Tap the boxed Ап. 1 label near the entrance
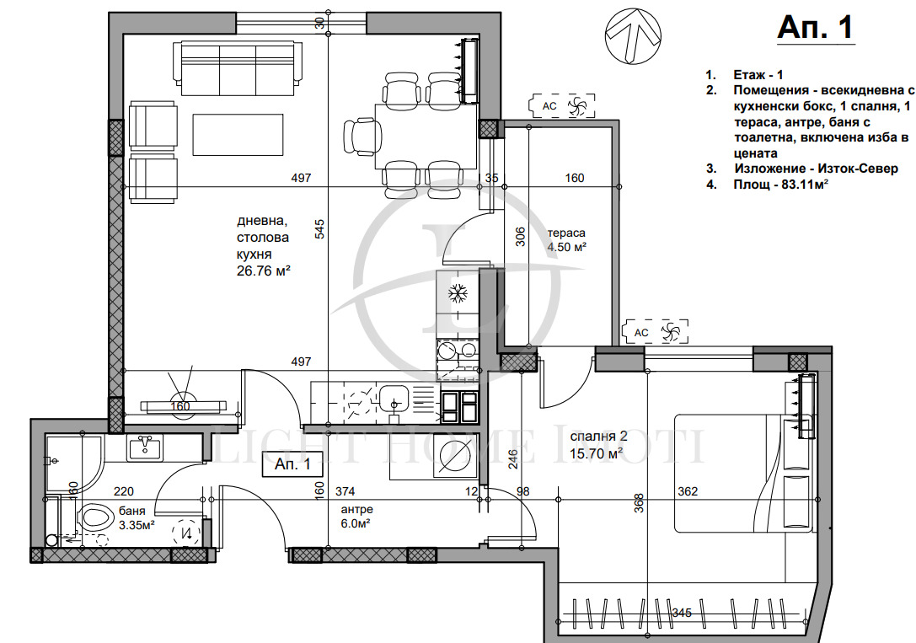click(x=293, y=463)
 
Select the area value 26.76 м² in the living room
click(x=264, y=271)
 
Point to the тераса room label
click(x=565, y=233)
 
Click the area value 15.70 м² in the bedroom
click(x=596, y=453)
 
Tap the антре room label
click(x=356, y=510)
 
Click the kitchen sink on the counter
click(x=393, y=397)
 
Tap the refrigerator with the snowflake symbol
click(x=458, y=293)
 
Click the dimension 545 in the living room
click(x=319, y=229)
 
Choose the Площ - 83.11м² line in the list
click(x=779, y=183)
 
